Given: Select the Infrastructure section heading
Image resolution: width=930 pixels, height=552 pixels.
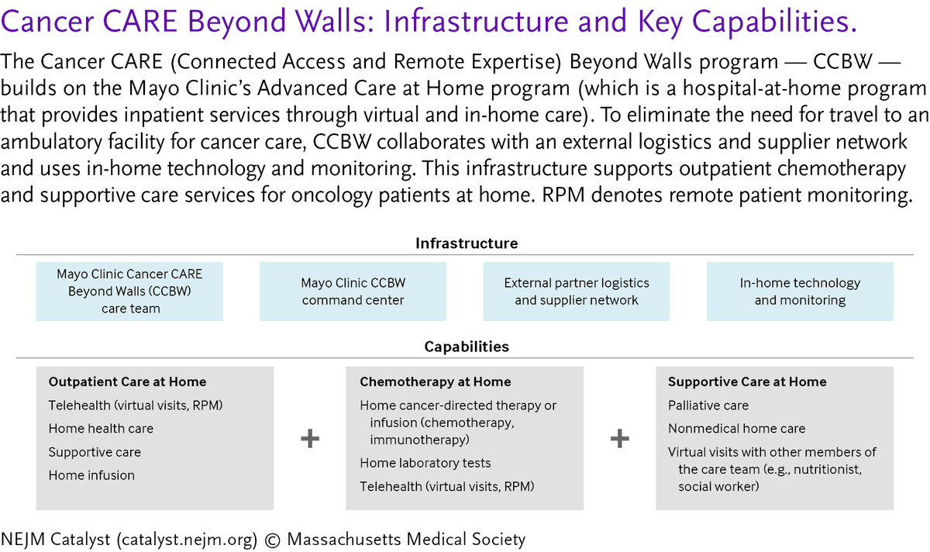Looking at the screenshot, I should [x=467, y=243].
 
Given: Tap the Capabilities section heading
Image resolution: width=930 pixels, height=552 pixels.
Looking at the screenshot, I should [x=467, y=347].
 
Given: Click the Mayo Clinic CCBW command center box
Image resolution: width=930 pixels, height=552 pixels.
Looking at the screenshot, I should [x=353, y=292].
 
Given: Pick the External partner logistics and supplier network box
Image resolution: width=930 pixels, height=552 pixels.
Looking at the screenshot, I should [x=577, y=292].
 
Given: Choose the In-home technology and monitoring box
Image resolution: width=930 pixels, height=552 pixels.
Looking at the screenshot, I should [x=800, y=292].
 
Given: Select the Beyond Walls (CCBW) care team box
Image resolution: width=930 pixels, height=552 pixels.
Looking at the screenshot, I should [x=129, y=292].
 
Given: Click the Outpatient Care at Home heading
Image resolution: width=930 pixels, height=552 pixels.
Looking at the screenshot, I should [x=127, y=381].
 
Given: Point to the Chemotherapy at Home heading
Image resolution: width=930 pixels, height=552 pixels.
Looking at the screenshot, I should [x=435, y=381].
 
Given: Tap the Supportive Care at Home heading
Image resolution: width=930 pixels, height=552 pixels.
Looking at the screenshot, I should [x=747, y=381].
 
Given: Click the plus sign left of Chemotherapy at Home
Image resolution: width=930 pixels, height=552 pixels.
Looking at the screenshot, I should [x=310, y=439].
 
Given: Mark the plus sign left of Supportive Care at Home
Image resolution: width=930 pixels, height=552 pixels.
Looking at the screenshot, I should [x=619, y=439].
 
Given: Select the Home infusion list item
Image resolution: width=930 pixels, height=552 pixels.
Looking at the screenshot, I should [x=91, y=475].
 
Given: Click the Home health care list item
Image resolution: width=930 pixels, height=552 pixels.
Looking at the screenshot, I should [x=101, y=429].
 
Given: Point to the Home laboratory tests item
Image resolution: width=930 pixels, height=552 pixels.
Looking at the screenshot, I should [x=425, y=463].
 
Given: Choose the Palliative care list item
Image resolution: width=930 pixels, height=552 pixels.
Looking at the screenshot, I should [x=708, y=405].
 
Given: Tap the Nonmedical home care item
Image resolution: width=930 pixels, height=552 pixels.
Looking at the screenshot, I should [x=736, y=429].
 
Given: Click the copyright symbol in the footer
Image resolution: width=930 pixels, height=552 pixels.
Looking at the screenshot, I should [x=272, y=540].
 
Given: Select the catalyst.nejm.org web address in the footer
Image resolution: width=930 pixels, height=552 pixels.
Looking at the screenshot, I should [x=187, y=540].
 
